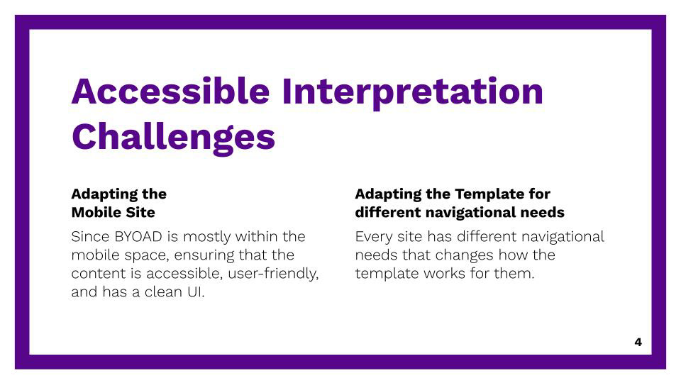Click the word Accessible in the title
point(171,91)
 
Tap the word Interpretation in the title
point(413,92)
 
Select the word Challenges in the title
point(173,138)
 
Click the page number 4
point(638,342)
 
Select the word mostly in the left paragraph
point(206,238)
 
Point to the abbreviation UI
point(196,292)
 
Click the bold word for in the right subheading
point(539,194)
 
